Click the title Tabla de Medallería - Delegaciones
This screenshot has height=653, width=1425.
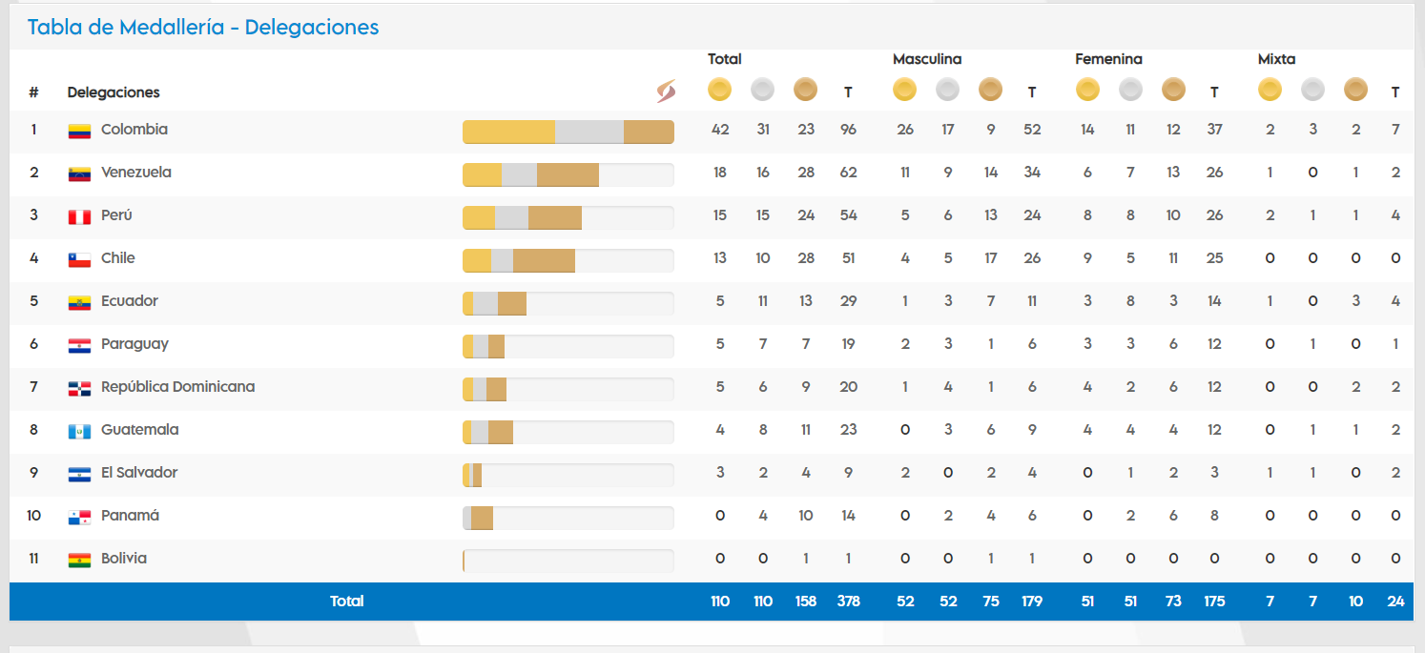(203, 28)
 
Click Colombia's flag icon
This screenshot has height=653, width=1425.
(79, 131)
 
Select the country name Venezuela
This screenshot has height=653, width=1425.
(136, 173)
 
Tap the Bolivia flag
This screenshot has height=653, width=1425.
(79, 560)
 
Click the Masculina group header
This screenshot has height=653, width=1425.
(927, 59)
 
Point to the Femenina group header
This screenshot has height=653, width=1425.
(1108, 59)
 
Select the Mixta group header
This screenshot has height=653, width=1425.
(1276, 59)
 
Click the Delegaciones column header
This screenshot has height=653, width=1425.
(114, 92)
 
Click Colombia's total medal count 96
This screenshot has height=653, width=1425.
(848, 130)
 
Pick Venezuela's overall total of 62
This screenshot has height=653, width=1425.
(848, 173)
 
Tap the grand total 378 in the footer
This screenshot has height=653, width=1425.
(848, 602)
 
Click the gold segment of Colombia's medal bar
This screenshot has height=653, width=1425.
(508, 132)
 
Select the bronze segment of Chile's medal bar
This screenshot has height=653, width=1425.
(544, 260)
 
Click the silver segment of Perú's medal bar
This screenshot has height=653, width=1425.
(511, 217)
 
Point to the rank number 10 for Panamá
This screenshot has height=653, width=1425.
(34, 516)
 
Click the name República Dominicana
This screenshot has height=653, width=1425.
(177, 387)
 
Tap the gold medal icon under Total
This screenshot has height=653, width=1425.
(719, 91)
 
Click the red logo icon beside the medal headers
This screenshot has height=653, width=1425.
(666, 92)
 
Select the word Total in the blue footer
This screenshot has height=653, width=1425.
(347, 602)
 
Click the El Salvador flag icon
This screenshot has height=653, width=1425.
(79, 474)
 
